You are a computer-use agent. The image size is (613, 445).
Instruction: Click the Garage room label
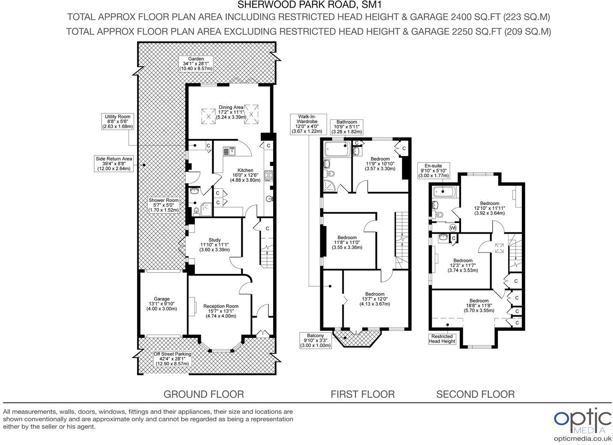click(162, 304)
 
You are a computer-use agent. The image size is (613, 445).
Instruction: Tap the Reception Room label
click(221, 311)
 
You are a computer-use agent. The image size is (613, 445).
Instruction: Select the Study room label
click(214, 245)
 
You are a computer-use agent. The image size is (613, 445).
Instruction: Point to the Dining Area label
click(231, 112)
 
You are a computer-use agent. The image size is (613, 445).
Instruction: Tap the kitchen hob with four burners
click(269, 175)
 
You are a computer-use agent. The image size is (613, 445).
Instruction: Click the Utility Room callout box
click(118, 122)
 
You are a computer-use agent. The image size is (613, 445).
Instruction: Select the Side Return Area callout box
click(114, 163)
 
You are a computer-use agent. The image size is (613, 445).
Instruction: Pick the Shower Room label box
click(164, 205)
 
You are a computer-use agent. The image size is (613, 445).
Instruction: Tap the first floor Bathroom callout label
click(347, 127)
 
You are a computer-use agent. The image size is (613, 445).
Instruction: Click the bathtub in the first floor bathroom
click(337, 149)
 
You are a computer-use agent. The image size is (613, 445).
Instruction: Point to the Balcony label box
click(316, 340)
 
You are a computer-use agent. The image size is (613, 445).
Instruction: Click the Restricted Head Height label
click(442, 338)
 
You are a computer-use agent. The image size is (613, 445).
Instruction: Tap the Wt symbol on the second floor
click(453, 228)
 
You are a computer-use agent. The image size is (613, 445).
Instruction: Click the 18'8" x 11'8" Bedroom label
click(479, 306)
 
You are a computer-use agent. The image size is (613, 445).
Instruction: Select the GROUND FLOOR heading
click(204, 394)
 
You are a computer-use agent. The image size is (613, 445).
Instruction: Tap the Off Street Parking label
click(173, 359)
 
